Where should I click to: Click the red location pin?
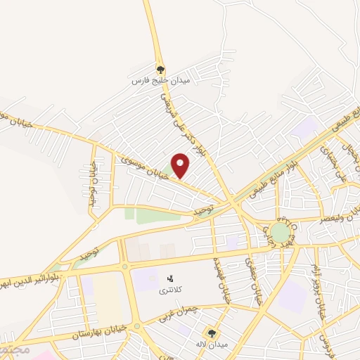click(x=181, y=164)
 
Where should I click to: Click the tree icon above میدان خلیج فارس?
click(x=160, y=70)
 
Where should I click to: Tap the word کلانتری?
click(x=169, y=290)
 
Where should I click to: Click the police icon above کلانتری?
click(x=169, y=278)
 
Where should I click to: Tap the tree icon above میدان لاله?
click(x=211, y=333)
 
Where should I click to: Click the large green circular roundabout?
click(x=280, y=232)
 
